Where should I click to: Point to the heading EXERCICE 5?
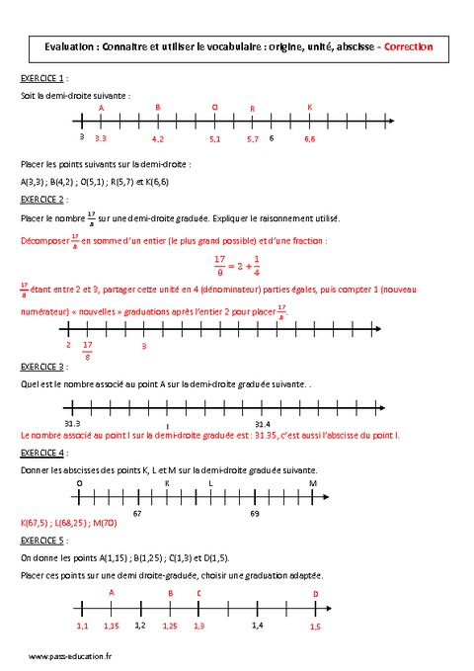[x=42, y=541]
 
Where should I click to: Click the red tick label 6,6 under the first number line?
[x=309, y=140]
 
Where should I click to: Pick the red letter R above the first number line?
[x=252, y=109]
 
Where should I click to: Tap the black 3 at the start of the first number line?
[x=81, y=138]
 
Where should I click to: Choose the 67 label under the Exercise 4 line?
[x=137, y=514]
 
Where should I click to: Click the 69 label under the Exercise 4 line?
[x=255, y=514]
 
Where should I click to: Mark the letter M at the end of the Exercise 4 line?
[x=313, y=483]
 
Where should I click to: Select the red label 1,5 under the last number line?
[x=315, y=627]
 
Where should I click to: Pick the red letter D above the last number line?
[x=315, y=594]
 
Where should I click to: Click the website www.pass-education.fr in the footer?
[x=69, y=656]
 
